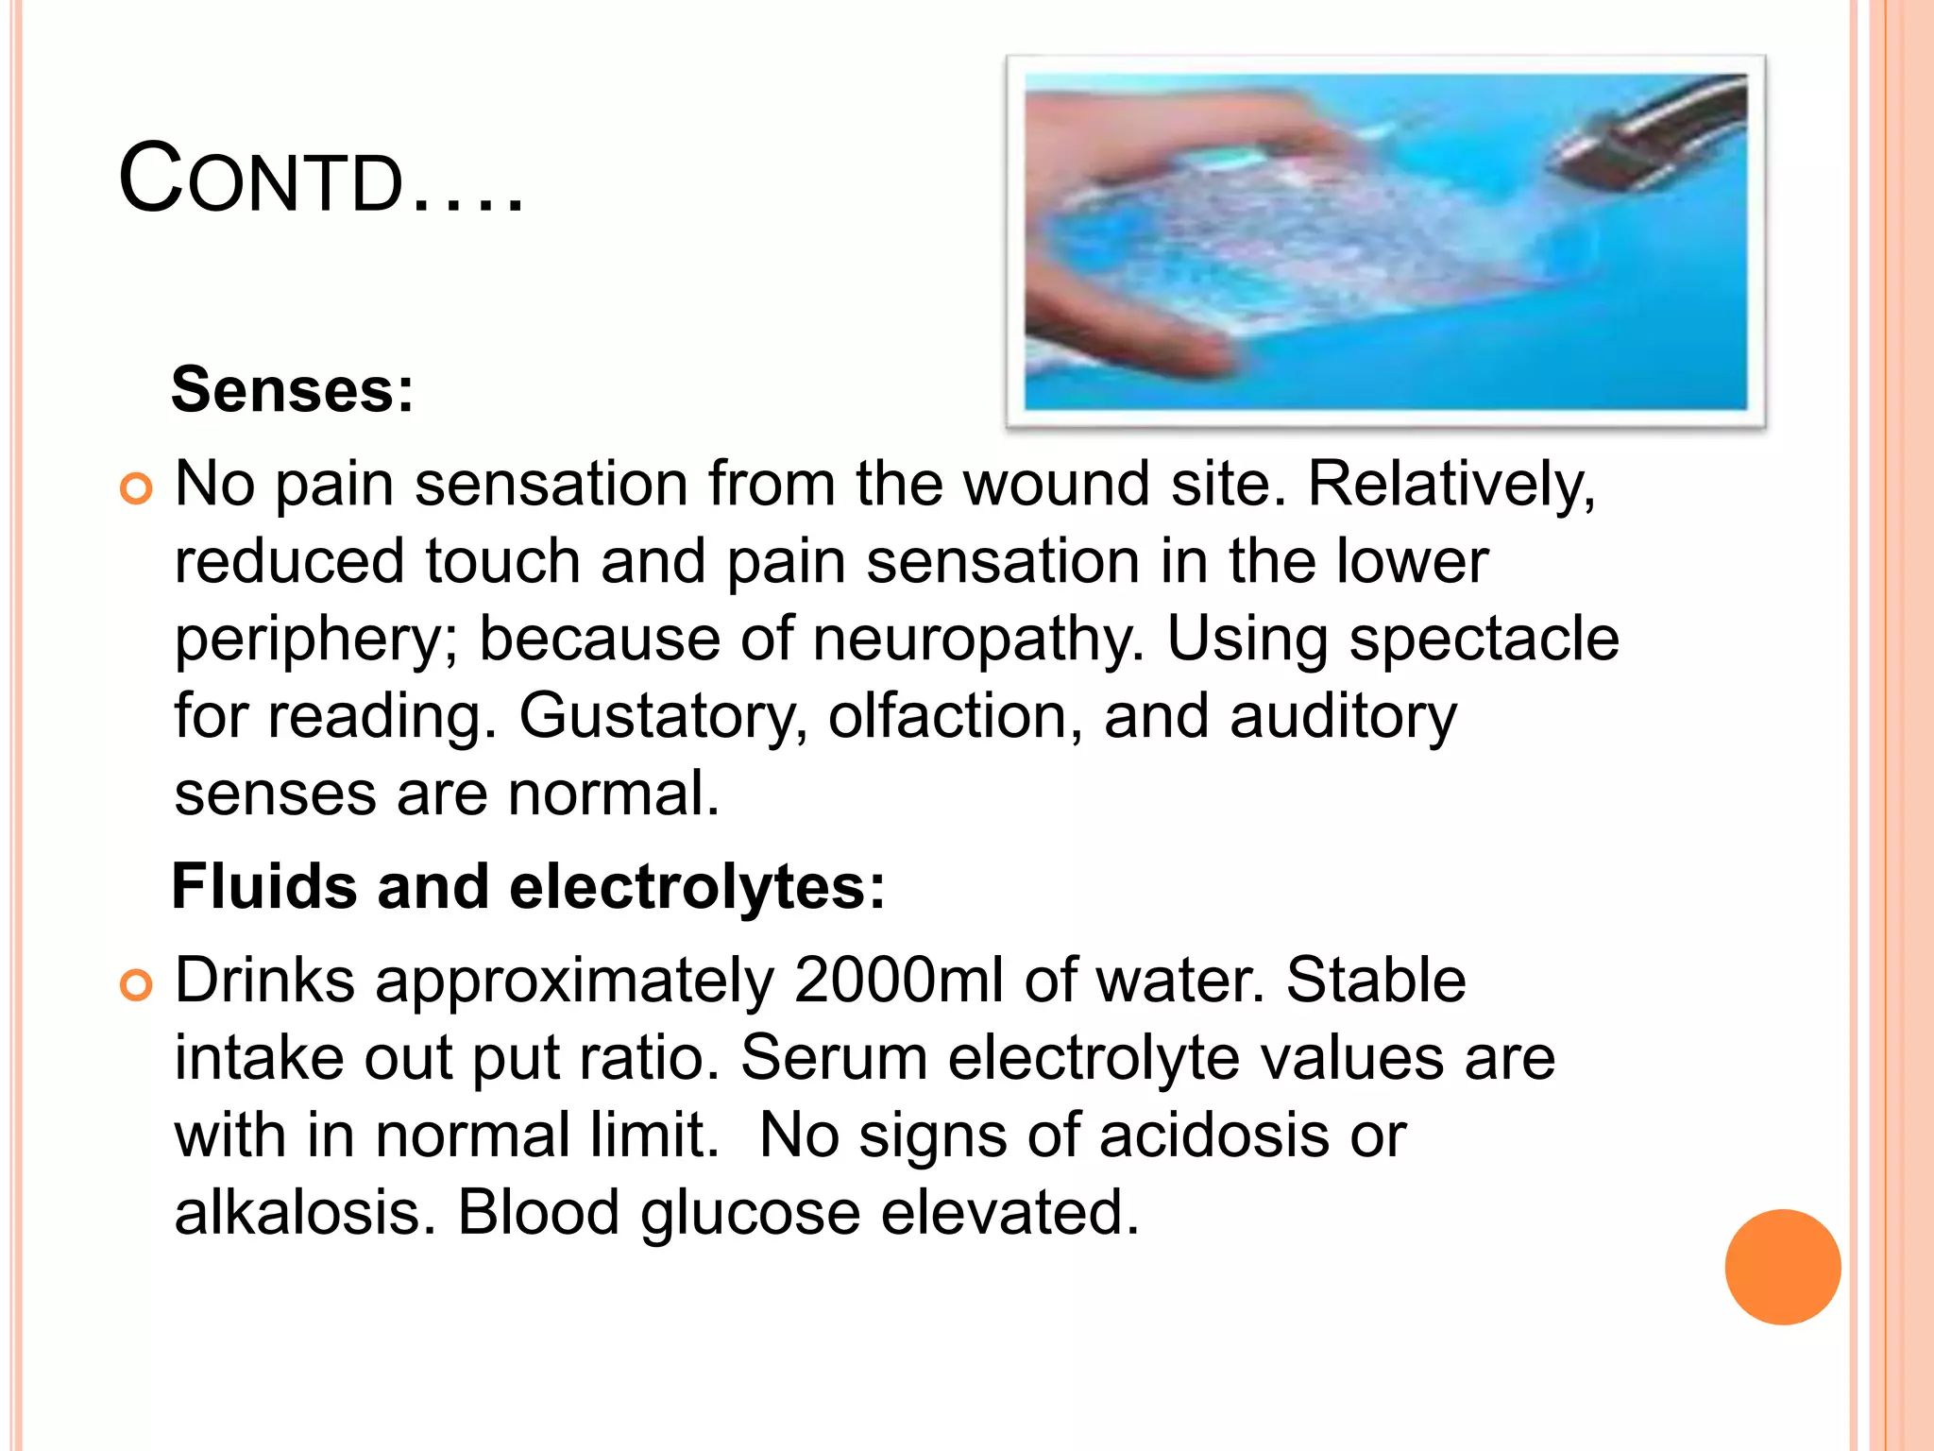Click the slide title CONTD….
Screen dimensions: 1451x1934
pos(321,179)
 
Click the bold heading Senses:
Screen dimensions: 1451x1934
pos(292,389)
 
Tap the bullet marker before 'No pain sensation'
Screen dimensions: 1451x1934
pos(137,488)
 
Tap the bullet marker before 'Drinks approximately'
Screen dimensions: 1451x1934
pos(137,985)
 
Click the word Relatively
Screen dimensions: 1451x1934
pos(1450,486)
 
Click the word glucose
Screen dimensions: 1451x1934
pos(750,1214)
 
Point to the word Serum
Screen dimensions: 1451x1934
pos(833,1058)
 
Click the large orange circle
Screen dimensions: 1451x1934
pos(1782,1267)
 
